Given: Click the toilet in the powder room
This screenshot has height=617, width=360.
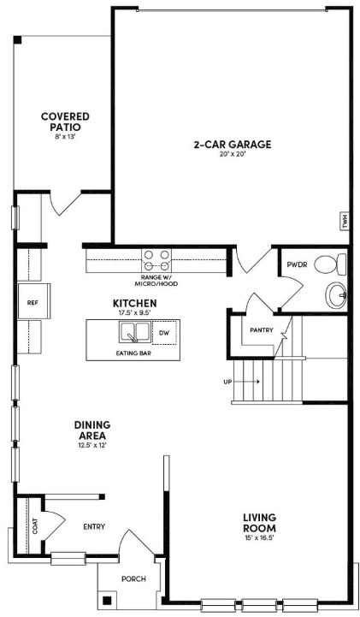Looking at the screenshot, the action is (x=330, y=264).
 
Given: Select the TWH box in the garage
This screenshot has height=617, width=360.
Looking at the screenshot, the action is (x=345, y=222).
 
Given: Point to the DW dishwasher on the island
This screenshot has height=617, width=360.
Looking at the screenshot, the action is (x=165, y=333).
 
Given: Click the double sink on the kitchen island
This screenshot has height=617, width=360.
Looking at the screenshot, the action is (x=134, y=333).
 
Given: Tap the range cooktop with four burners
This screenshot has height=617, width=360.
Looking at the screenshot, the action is (x=156, y=260).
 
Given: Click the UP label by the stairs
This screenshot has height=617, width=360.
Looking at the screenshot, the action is (x=227, y=382).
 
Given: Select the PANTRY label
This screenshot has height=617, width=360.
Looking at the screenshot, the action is (x=262, y=330).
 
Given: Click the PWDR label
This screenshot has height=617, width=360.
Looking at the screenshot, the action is (x=297, y=264).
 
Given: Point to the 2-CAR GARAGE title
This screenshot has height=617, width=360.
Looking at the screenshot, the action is (x=233, y=145).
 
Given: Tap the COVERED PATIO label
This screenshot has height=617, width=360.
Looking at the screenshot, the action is (x=65, y=122).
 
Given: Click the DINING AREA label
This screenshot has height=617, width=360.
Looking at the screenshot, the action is (x=92, y=430).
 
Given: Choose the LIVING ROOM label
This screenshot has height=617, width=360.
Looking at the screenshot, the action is (x=259, y=523).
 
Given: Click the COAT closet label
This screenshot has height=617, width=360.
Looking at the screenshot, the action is (x=35, y=526).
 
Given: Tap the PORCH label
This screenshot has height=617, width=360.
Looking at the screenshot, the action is (x=133, y=578).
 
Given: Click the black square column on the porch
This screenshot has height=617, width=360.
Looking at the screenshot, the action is (x=107, y=601).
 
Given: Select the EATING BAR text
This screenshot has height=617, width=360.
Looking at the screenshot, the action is (x=133, y=353).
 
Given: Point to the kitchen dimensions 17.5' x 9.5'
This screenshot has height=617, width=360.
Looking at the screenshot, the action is (x=135, y=312).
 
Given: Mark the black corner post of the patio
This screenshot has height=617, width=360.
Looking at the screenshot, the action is (x=17, y=39).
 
